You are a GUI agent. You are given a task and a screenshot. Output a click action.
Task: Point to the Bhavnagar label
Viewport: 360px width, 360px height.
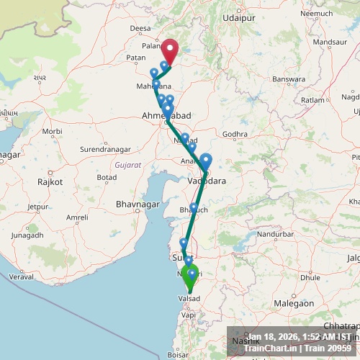(x=138, y=205)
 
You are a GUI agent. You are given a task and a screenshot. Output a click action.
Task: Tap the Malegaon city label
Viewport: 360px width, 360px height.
(x=293, y=304)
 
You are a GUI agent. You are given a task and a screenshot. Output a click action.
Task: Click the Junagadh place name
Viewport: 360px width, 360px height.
(x=27, y=235)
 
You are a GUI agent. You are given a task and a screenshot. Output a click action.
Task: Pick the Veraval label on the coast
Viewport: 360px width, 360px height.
(x=22, y=276)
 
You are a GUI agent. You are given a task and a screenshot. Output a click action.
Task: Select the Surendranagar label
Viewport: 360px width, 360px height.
(x=106, y=150)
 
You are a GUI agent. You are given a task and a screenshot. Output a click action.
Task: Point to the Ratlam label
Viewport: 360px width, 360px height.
(x=313, y=100)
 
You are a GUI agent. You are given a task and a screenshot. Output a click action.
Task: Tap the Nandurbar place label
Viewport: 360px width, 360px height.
(x=276, y=234)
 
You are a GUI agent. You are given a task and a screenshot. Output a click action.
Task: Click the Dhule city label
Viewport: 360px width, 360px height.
(x=310, y=276)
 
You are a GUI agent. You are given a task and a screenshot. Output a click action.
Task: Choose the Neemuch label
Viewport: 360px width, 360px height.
(x=316, y=13)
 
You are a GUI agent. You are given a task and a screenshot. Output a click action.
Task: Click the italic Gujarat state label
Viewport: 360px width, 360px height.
(x=127, y=164)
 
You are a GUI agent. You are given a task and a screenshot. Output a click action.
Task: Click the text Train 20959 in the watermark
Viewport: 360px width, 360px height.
(x=329, y=348)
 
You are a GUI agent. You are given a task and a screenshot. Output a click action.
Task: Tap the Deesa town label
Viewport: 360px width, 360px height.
(x=141, y=28)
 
